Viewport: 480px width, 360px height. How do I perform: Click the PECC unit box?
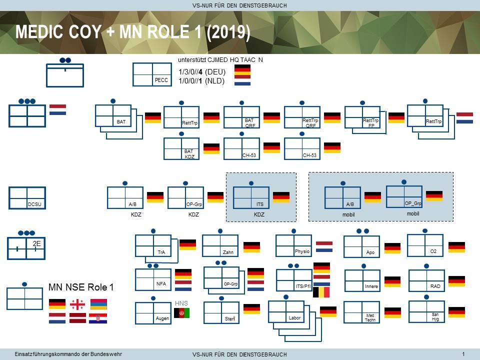point(152,74)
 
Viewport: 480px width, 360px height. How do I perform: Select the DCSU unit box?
point(27,198)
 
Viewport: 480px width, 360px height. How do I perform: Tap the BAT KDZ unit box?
point(181,148)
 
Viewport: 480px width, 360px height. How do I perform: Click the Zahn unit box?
point(220,245)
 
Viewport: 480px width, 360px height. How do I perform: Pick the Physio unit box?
point(294,245)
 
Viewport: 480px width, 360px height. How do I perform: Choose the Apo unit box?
point(362,246)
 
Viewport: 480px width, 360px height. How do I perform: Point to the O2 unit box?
point(425,245)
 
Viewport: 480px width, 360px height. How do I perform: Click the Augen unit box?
point(153,313)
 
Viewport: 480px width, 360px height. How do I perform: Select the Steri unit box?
point(221,312)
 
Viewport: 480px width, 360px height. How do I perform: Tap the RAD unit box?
point(426,280)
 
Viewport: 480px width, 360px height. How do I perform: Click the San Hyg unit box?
point(426,311)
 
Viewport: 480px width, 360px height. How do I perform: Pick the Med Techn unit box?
point(362,312)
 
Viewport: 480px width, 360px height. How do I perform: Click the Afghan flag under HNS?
point(181,313)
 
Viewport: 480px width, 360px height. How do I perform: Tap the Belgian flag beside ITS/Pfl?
point(321,292)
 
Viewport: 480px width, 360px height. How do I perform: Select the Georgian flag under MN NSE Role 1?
point(77,304)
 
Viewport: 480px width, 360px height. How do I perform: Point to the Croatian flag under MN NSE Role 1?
point(98,318)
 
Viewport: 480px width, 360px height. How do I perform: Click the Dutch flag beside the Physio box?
point(324,246)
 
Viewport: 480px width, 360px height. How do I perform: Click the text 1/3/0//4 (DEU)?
point(202,72)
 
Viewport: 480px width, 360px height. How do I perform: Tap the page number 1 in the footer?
point(463,354)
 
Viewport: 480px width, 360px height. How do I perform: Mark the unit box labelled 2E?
point(26,248)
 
